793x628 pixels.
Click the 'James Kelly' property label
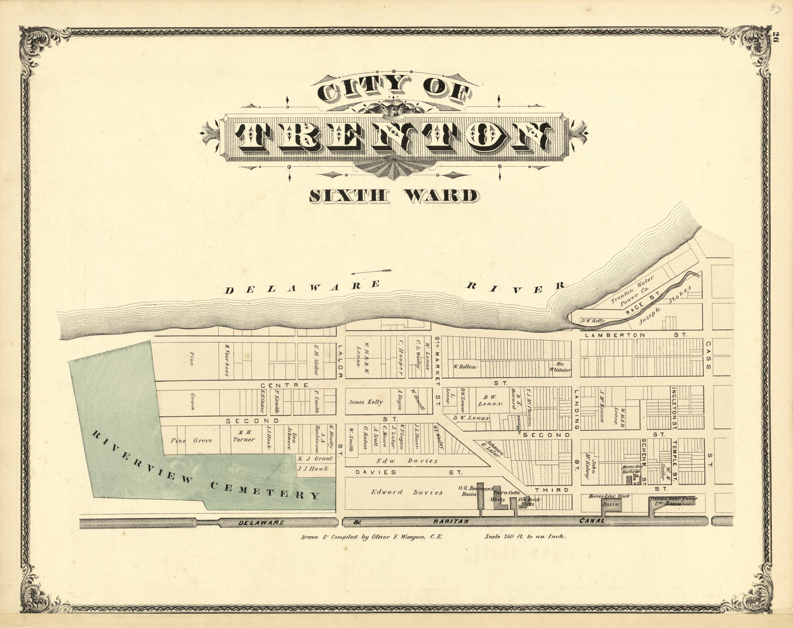coord(366,402)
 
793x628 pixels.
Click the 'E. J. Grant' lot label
coord(315,458)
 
